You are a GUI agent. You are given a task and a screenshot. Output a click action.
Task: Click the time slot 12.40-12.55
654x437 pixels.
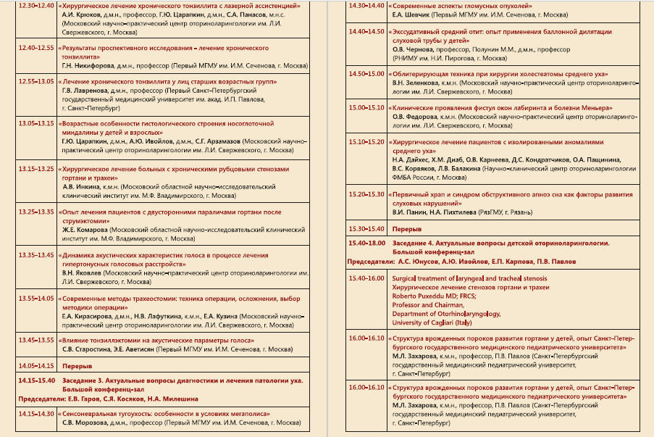point(36,48)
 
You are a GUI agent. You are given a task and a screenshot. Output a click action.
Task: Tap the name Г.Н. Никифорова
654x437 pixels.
point(88,64)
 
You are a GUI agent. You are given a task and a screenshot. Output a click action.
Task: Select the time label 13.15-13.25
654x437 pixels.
point(36,169)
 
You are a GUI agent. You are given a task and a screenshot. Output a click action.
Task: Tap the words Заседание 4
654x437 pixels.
point(413,244)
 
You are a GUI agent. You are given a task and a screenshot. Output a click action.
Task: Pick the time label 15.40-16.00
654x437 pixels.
point(366,278)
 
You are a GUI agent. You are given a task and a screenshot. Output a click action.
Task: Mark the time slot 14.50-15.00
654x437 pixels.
point(366,74)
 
